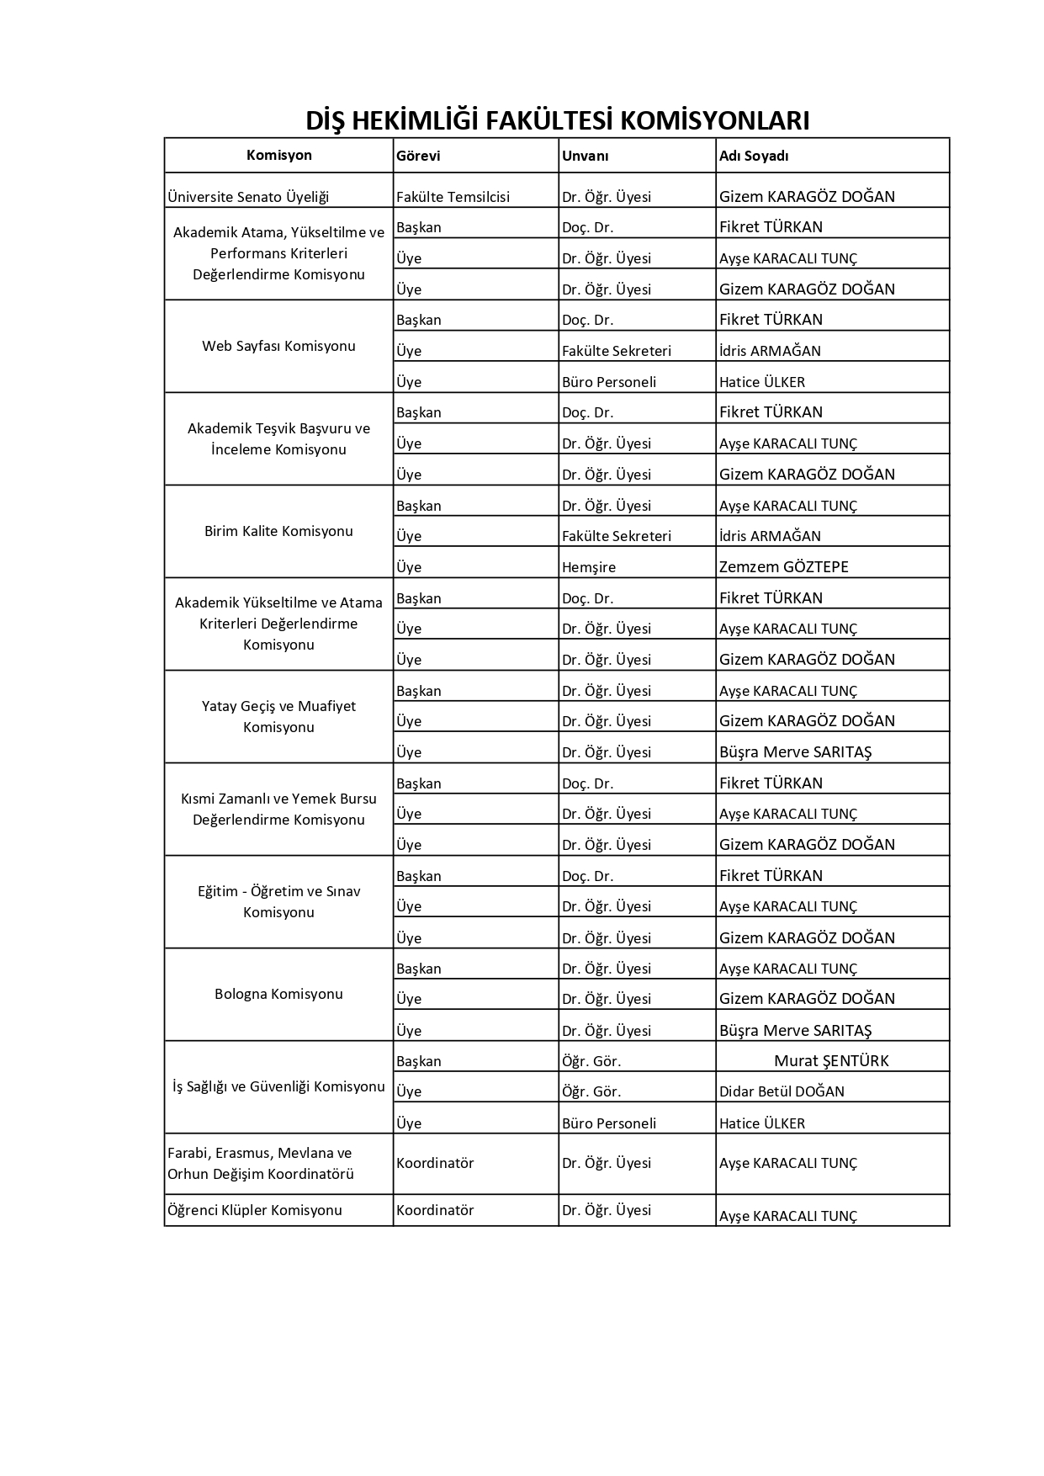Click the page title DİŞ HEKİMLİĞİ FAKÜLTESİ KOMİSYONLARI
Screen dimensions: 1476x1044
[x=557, y=120]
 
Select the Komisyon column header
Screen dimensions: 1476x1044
[x=278, y=156]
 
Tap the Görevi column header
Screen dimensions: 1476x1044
[x=418, y=156]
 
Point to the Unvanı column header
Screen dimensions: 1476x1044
[x=585, y=156]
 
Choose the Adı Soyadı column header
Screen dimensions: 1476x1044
[x=754, y=156]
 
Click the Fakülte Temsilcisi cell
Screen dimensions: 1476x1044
[x=453, y=197]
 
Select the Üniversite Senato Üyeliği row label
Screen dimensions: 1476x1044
[x=248, y=197]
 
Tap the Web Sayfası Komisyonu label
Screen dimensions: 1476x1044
[x=278, y=346]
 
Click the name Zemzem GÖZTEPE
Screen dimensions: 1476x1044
[x=783, y=567]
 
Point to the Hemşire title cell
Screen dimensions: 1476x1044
[x=589, y=567]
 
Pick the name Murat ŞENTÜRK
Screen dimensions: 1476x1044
[x=831, y=1061]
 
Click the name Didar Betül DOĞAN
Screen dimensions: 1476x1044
[x=782, y=1091]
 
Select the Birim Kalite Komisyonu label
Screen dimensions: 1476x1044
[x=278, y=531]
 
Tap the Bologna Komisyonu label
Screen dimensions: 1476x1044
[x=278, y=994]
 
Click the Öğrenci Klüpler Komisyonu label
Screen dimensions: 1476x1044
[x=255, y=1210]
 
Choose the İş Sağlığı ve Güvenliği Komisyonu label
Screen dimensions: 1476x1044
[x=278, y=1086]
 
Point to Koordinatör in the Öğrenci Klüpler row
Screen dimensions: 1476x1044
[x=435, y=1210]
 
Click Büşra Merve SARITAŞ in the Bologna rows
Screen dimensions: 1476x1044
[x=795, y=1030]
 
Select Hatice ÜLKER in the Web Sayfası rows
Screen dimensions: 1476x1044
[x=761, y=382]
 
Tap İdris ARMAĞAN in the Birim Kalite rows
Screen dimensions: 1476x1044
[x=770, y=536]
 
